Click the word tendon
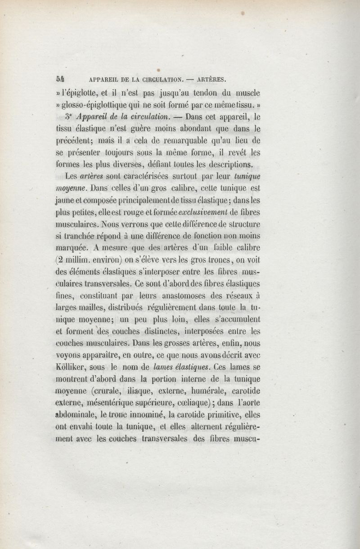(x=204, y=94)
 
